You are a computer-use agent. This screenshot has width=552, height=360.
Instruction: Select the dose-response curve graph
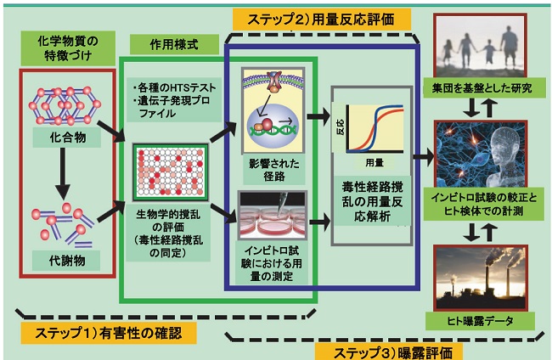coord(371,115)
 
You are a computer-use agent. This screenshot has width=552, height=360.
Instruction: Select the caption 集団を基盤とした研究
coord(480,88)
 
